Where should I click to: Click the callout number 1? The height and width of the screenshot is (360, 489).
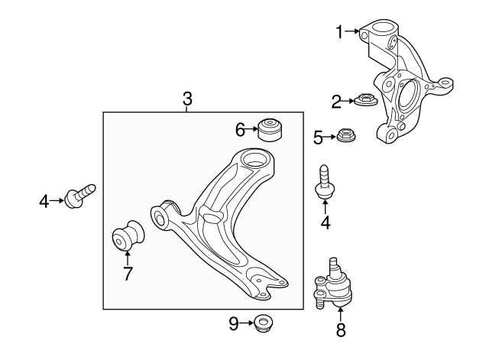click(x=340, y=31)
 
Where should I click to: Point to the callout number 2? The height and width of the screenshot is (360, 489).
click(x=336, y=101)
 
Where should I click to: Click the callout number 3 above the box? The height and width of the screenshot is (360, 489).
click(x=187, y=99)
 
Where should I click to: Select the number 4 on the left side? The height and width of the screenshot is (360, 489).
click(x=44, y=202)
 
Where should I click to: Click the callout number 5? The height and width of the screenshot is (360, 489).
click(x=319, y=138)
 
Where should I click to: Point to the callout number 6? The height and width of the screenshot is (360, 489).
click(x=240, y=130)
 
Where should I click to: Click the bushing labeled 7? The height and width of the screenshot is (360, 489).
click(x=128, y=238)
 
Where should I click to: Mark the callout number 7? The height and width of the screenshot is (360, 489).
click(x=128, y=274)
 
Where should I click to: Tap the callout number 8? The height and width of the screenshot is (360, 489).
click(x=341, y=330)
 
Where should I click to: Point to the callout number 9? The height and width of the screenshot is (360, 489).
click(x=234, y=323)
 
